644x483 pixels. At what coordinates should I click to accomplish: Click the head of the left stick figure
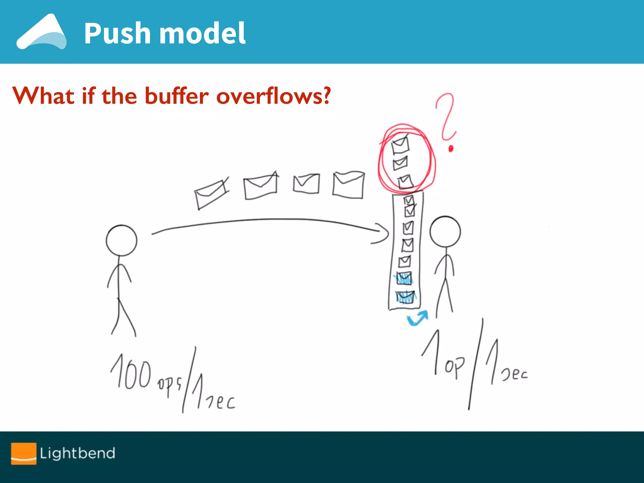pyautogui.click(x=122, y=241)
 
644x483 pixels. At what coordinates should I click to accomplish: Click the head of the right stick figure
pyautogui.click(x=445, y=232)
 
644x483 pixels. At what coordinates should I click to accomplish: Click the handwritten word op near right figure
pyautogui.click(x=454, y=366)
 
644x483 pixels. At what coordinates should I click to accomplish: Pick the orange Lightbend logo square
pyautogui.click(x=24, y=453)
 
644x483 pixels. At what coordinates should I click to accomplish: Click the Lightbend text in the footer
pyautogui.click(x=77, y=453)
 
